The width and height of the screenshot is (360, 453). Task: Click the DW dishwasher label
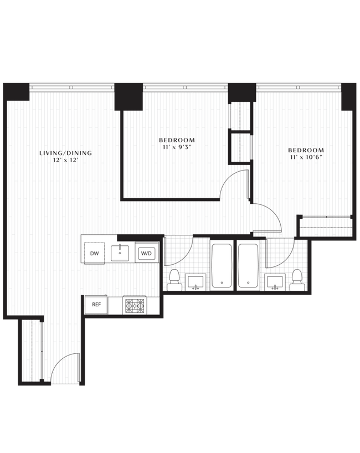94,253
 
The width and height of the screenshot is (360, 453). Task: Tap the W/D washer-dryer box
146,253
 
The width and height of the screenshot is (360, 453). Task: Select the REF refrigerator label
96,304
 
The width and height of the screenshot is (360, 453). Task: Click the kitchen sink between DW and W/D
120,253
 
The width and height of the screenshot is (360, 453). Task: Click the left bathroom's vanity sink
196,282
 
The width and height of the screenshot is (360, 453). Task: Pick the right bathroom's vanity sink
274,282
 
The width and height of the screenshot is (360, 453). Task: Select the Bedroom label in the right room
305,153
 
